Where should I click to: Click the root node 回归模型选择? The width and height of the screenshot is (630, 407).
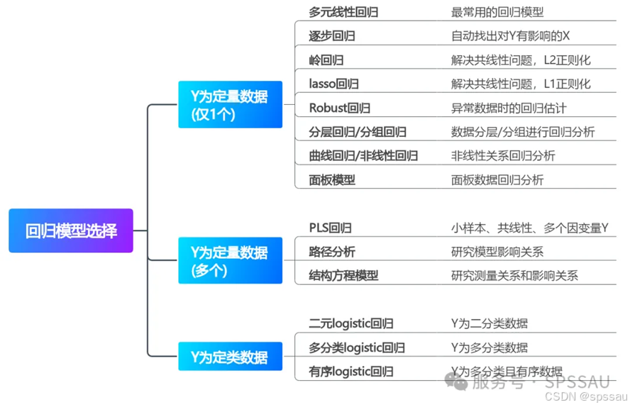coord(71,230)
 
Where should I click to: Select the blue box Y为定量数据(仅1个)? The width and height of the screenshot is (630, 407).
coord(230,104)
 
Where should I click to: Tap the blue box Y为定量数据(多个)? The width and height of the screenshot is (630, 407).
coord(230,260)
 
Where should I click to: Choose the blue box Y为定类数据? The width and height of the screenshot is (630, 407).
coord(230,357)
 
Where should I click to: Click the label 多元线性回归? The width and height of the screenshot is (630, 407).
coord(343,12)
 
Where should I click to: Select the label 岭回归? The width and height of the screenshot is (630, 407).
coord(326,60)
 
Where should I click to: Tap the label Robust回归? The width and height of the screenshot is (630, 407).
coord(339,108)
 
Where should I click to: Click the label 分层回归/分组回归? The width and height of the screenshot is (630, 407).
coord(358,133)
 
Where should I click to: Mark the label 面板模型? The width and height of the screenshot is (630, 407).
coord(332,180)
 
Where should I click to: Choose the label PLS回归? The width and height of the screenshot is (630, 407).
coord(330,228)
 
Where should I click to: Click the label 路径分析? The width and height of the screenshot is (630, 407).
coord(332,252)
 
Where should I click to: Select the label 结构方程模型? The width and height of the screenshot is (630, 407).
coord(343,276)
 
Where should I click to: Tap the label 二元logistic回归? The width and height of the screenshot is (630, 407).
coord(350,324)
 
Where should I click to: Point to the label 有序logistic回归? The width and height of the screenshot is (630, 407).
coord(350,372)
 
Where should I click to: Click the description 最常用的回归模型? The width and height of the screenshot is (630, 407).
coord(497,12)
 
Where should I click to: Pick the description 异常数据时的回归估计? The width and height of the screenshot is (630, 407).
coord(509,108)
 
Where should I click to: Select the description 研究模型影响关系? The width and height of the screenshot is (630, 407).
coord(497,252)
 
